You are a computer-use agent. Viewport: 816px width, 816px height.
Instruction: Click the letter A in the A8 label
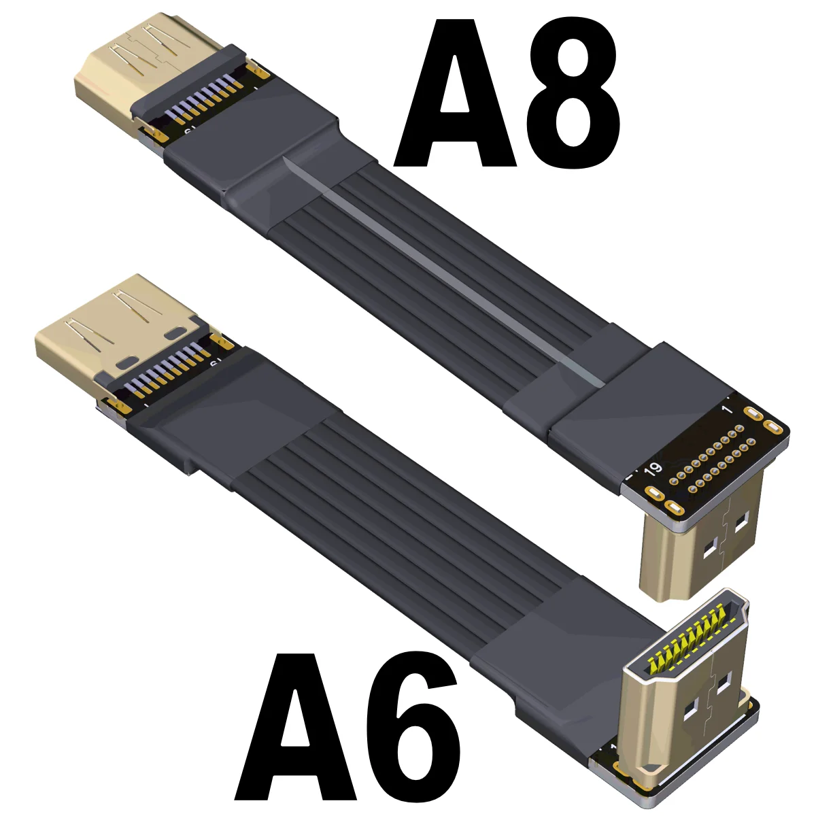[x=455, y=93]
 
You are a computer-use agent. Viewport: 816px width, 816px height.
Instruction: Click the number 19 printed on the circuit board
[x=653, y=468]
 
